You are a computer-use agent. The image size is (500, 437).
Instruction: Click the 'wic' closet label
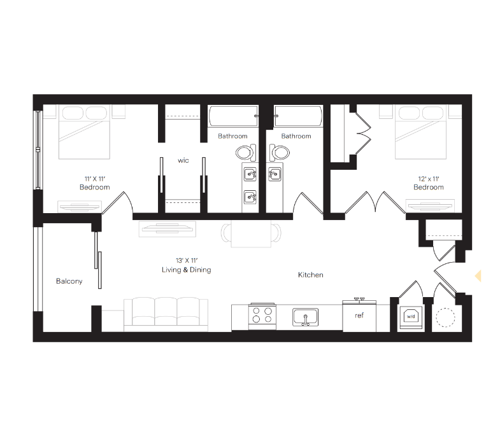coord(183,160)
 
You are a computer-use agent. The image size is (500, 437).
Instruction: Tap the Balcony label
coord(69,281)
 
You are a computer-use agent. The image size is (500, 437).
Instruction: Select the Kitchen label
coord(311,275)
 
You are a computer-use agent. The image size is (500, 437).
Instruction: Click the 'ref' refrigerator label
coord(359,315)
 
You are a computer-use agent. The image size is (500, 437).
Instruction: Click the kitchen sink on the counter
coord(306,316)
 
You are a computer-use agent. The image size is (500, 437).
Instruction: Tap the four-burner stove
coord(262,316)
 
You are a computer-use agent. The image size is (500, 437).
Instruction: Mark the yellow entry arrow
coord(478,275)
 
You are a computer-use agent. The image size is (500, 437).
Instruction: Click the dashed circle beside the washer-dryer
coord(445,316)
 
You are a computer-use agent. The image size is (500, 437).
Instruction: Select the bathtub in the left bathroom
coord(233,117)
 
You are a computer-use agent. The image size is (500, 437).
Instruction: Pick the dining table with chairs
coord(250,233)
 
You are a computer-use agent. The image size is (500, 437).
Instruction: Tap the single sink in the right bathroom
coord(275,173)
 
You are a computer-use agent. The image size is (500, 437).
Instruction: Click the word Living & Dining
coord(186,270)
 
